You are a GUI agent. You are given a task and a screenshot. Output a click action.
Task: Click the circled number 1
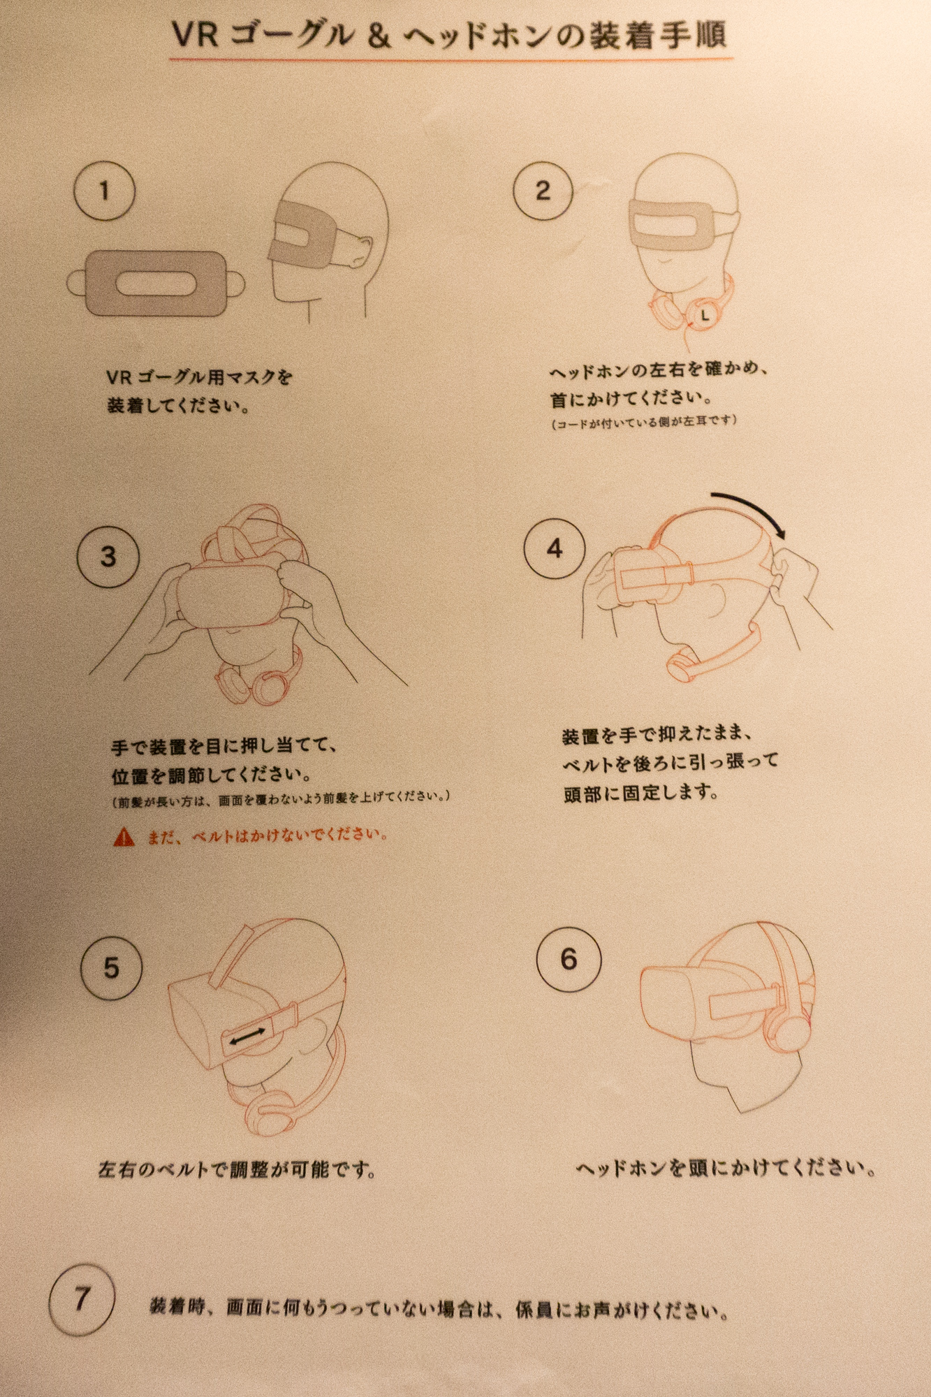(105, 191)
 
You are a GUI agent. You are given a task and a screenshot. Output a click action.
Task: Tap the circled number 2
(543, 190)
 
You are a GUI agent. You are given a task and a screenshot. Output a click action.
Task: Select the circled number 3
(108, 557)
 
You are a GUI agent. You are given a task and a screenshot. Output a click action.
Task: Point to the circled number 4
(555, 548)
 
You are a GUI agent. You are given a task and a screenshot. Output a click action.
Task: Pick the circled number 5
(112, 968)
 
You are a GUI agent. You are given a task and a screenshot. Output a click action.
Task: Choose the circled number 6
(569, 959)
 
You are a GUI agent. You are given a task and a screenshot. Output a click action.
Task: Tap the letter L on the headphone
(705, 316)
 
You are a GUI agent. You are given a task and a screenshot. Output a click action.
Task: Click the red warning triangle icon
(124, 836)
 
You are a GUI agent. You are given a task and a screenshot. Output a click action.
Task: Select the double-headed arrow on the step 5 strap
(248, 1037)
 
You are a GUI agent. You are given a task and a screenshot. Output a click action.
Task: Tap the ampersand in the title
(378, 36)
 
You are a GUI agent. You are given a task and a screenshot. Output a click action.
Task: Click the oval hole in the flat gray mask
(156, 283)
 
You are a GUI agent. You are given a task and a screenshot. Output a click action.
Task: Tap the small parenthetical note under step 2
(643, 421)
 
